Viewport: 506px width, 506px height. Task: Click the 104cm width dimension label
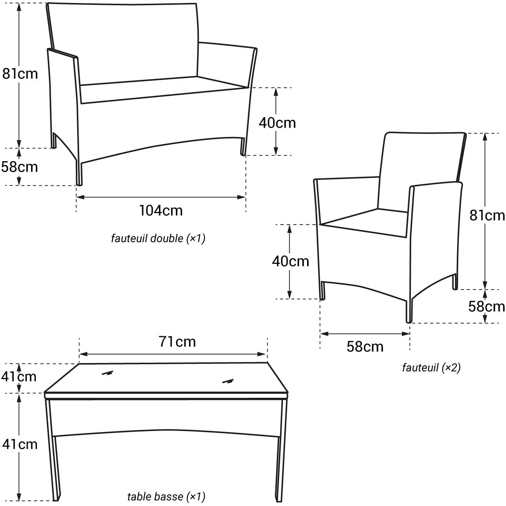(x=161, y=211)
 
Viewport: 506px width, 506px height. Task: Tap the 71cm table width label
(x=177, y=342)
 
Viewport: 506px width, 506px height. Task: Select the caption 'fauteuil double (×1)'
(x=158, y=238)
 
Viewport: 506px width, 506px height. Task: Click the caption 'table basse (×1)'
(x=166, y=496)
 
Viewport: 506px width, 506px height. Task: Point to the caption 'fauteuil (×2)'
(x=431, y=368)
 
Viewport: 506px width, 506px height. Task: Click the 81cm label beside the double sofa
(x=20, y=74)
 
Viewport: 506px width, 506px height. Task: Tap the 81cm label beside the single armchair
(x=487, y=216)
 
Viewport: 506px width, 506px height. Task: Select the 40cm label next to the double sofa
(x=277, y=123)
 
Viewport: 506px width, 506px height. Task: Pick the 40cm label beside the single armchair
(x=290, y=261)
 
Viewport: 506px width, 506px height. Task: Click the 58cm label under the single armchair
(x=365, y=347)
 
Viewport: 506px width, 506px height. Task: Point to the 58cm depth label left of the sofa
(x=20, y=167)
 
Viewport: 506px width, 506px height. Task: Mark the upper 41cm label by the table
(x=19, y=377)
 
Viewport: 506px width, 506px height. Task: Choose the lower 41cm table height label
(x=20, y=444)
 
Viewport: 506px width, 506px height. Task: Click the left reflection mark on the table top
(x=107, y=373)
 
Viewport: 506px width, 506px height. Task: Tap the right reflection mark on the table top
(x=228, y=381)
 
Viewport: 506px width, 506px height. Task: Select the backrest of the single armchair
(x=422, y=168)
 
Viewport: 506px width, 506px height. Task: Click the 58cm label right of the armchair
(x=487, y=307)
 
